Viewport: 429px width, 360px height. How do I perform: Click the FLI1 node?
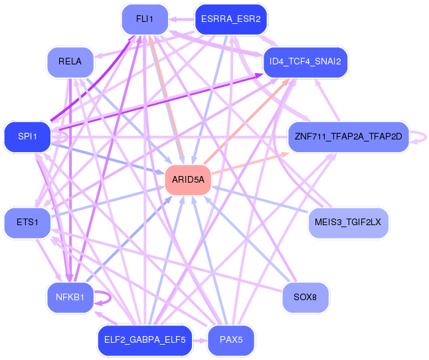[x=145, y=19]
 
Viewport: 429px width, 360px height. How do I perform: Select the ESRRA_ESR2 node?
[x=231, y=19]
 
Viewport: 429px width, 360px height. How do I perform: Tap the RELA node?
[x=70, y=62]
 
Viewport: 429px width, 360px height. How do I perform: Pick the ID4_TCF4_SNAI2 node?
[x=305, y=62]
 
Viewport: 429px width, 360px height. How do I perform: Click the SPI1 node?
[x=27, y=137]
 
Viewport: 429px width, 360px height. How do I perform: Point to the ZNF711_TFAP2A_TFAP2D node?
[x=348, y=137]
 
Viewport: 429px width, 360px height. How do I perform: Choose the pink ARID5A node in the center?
[x=188, y=180]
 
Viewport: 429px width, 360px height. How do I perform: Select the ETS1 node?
[x=27, y=223]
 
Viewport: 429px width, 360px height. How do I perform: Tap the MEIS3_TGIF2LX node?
[x=348, y=223]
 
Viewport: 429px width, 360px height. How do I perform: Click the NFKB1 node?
[x=70, y=298]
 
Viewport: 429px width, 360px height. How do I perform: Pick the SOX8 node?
[x=305, y=298]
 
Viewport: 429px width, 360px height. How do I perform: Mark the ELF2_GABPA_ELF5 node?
[x=145, y=340]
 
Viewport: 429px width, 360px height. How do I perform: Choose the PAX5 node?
[x=231, y=340]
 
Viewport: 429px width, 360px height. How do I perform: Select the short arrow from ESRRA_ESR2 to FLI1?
[x=182, y=19]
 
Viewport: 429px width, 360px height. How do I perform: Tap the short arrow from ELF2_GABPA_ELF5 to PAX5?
[x=200, y=341]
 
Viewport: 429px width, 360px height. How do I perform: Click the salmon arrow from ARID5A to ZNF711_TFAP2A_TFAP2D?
[x=250, y=163]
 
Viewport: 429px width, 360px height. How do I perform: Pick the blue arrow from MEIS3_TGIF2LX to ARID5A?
[x=260, y=199]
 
